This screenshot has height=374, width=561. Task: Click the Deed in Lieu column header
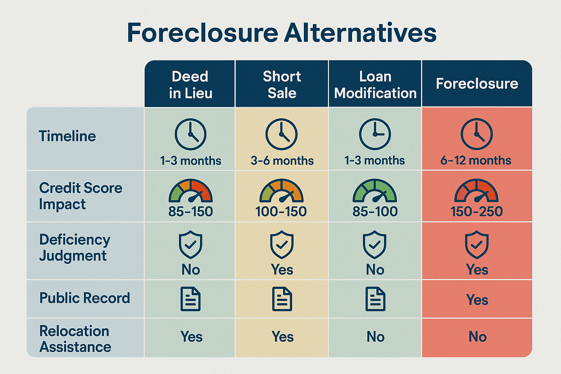pos(190,84)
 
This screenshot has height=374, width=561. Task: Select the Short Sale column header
pos(282,84)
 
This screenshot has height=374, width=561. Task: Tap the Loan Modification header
pos(375,84)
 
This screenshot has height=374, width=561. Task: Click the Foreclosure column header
pos(477,84)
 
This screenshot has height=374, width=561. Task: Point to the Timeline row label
pos(67,136)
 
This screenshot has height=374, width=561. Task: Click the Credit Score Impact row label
pos(80,196)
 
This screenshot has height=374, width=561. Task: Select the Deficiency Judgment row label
pos(75,248)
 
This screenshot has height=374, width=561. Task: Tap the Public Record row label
pos(84,298)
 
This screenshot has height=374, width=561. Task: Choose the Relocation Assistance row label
pos(75,339)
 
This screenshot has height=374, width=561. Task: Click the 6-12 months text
pos(476,160)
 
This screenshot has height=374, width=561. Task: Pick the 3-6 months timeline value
pos(282,161)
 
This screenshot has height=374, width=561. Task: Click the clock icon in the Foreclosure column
pos(476,134)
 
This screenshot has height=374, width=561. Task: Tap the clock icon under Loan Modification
pos(375,134)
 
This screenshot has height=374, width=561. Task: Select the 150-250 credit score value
pos(476,211)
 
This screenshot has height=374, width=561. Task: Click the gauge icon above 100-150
pos(281,191)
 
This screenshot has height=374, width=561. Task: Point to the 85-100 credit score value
pos(375,211)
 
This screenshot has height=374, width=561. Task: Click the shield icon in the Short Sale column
pos(282,244)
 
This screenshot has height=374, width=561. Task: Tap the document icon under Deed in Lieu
pos(191,299)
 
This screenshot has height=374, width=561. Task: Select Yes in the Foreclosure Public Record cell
pos(477,300)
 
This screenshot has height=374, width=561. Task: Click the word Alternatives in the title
pos(360,33)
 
